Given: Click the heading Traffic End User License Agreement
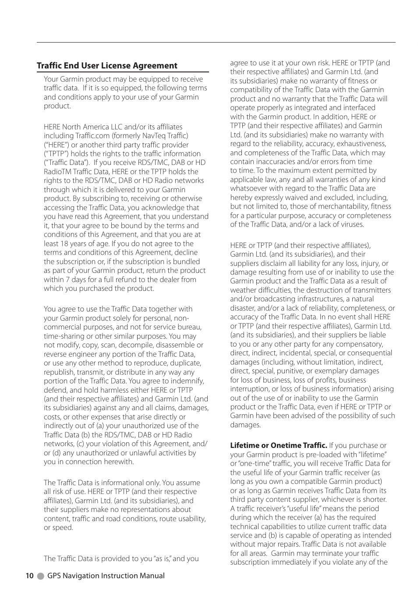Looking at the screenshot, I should click(107, 66).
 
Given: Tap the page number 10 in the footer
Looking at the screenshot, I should click(29, 576).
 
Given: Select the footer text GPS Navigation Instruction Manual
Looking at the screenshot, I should click(106, 576).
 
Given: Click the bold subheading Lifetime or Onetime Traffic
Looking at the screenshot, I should click(279, 445).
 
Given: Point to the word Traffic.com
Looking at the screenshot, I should click(92, 136).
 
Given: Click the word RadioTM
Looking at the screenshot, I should click(57, 172).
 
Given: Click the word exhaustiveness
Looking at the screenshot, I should click(361, 144).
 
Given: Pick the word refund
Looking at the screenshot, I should click(125, 279).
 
